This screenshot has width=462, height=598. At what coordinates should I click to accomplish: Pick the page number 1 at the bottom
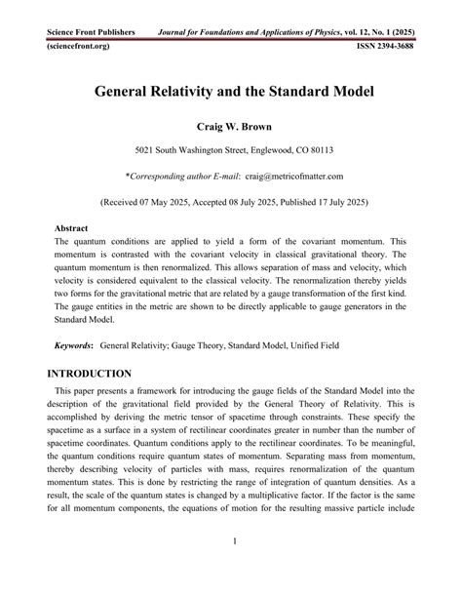[230, 567]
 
